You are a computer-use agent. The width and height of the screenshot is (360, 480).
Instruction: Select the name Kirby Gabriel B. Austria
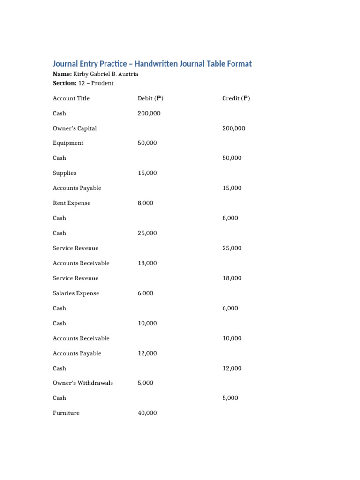pos(105,74)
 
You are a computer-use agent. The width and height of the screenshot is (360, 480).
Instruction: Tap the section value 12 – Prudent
pos(96,83)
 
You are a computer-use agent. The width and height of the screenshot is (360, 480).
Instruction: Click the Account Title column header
pos(71,98)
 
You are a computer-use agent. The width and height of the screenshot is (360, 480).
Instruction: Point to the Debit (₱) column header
pos(150,98)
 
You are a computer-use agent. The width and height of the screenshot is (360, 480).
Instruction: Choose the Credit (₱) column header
pos(236,98)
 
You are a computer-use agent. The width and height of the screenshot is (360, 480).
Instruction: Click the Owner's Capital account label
pos(75,128)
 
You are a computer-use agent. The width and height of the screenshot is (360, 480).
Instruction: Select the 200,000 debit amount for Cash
pos(149,113)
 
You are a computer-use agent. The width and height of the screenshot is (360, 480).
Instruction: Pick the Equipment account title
pos(68,143)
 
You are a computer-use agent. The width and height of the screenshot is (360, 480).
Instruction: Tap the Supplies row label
pos(65,173)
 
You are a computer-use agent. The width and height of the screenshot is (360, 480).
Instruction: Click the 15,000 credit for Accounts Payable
pos(232,188)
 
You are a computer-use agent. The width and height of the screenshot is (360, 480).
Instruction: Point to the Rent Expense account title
pos(72,203)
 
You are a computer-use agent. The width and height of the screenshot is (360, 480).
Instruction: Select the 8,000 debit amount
pos(145,203)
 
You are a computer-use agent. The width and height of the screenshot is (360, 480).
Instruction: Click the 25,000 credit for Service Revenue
pos(232,248)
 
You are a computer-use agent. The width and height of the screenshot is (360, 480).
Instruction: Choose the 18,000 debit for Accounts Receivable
pos(147,263)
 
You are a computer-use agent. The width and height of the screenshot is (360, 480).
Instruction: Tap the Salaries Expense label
pos(76,293)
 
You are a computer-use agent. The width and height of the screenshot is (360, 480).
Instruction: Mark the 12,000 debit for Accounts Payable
pos(147,353)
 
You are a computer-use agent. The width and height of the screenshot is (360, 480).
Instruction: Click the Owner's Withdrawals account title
pos(83,383)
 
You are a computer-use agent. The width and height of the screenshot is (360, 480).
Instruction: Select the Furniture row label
pos(66,413)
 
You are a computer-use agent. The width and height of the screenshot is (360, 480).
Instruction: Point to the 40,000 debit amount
pos(147,413)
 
